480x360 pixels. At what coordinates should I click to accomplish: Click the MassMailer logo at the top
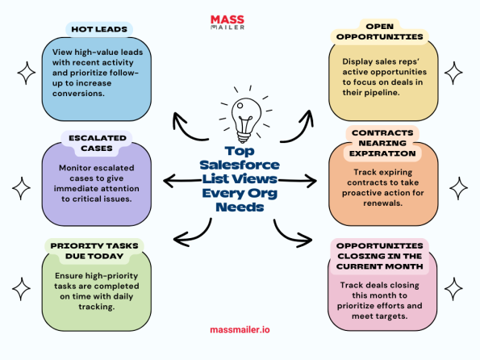pos(239,20)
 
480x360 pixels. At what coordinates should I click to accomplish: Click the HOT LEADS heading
pos(98,30)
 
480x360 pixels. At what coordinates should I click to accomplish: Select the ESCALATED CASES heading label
pos(96,143)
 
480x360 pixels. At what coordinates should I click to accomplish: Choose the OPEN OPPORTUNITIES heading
pos(379,31)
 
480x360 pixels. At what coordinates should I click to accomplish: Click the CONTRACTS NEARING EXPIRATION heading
pos(383,142)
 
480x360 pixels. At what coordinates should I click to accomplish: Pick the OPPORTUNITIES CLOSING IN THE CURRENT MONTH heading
pos(380,256)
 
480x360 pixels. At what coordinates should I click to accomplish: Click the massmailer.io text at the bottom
pos(240,329)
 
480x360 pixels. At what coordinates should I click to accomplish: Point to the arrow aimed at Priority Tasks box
pos(191,234)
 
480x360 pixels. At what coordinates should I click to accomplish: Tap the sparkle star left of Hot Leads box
pos(26,73)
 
